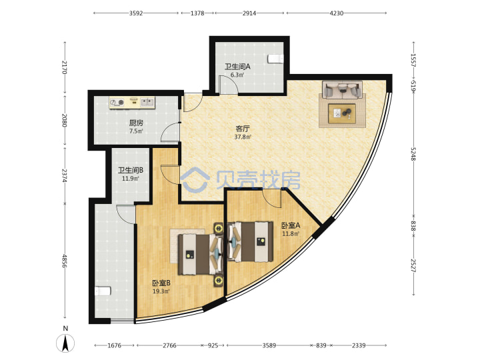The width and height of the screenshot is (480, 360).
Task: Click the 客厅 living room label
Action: tap(242, 129)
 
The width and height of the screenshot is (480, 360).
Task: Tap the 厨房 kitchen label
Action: tap(136, 123)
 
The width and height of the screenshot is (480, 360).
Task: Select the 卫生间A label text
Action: tap(237, 67)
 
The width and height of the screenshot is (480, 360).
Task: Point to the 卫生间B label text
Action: tap(131, 170)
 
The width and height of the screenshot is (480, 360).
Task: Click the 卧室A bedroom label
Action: tap(291, 225)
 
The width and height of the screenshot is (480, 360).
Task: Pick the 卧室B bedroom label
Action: tap(161, 283)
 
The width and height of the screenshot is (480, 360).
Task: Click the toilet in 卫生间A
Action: tap(275, 59)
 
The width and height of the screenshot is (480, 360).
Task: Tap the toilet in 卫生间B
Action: tap(103, 291)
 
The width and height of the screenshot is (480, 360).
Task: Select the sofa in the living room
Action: tap(342, 90)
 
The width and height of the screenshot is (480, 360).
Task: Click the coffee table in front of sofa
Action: tap(342, 113)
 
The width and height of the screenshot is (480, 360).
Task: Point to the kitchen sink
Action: tap(147, 102)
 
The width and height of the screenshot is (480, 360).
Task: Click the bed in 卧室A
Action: tap(250, 242)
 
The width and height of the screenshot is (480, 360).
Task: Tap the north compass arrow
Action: tap(65, 343)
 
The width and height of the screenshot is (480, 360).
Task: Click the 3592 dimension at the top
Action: tap(136, 13)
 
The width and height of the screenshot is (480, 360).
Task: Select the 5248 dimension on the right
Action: tap(413, 154)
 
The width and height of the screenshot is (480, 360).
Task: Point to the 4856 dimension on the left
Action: tap(64, 261)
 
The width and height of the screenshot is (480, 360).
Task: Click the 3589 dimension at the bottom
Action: tap(269, 345)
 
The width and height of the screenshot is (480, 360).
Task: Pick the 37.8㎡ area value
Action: tap(243, 137)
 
